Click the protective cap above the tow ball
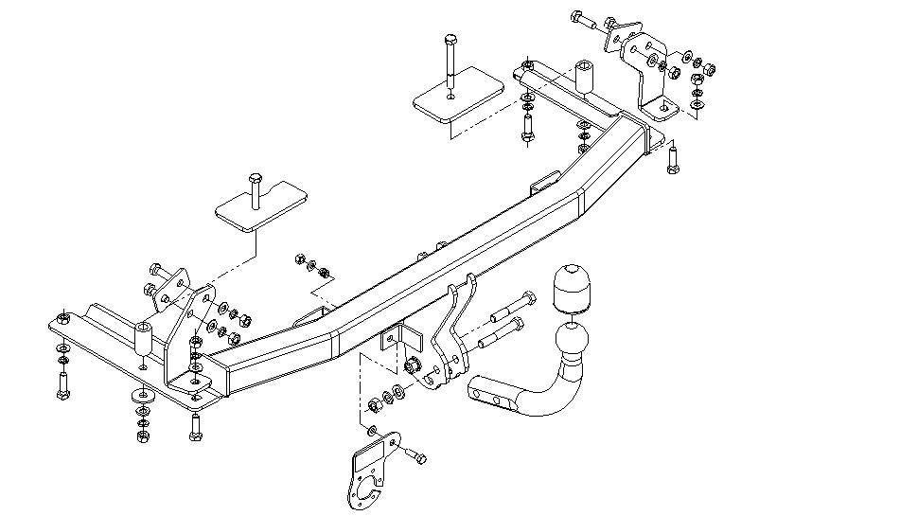(571, 288)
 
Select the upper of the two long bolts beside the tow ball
(511, 305)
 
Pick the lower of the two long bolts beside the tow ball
(502, 332)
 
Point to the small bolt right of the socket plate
(417, 458)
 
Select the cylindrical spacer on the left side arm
(143, 340)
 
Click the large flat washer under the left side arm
(143, 397)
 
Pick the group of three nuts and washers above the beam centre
(311, 266)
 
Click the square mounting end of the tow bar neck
(484, 389)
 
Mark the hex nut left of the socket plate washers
(373, 405)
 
